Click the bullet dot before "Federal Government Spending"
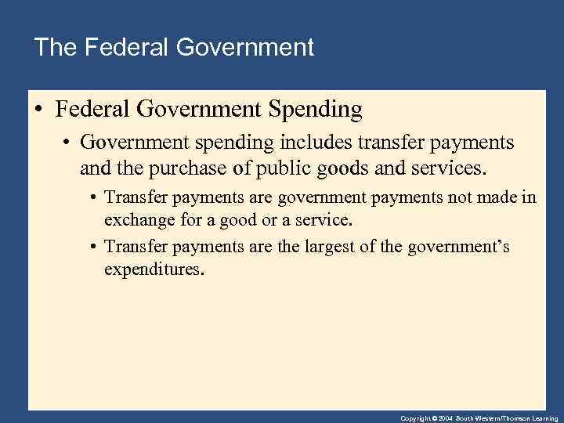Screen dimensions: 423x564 (x=39, y=110)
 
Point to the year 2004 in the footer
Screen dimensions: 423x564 (x=446, y=418)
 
